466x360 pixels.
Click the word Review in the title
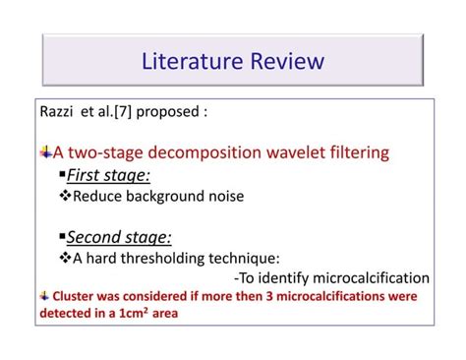pyautogui.click(x=287, y=62)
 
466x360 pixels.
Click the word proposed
pyautogui.click(x=173, y=113)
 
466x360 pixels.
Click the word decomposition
pyautogui.click(x=216, y=152)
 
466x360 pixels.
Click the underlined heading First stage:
pyautogui.click(x=108, y=175)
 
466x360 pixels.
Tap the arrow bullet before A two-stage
pyautogui.click(x=46, y=152)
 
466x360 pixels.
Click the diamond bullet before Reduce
pyautogui.click(x=66, y=196)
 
